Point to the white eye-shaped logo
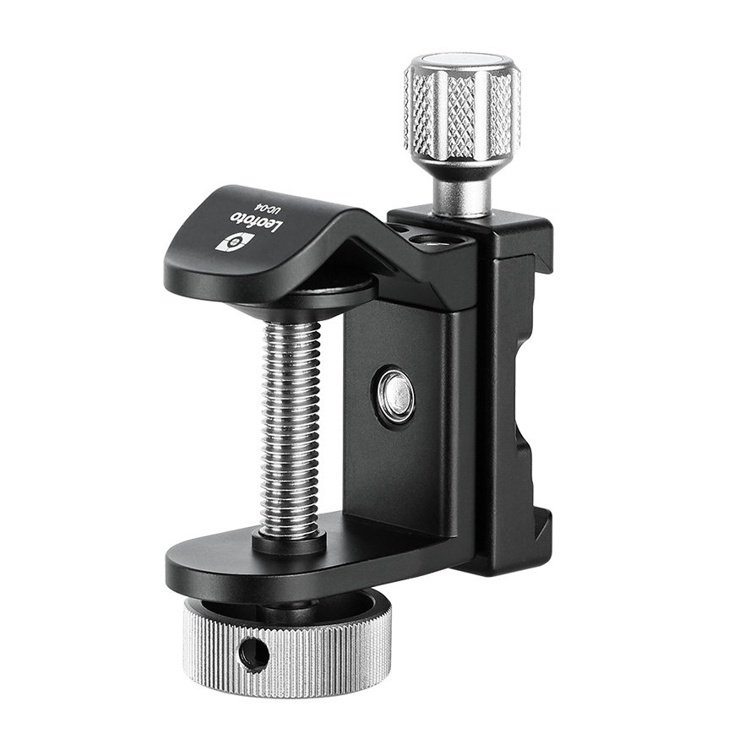coord(234,242)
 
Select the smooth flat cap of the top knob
coord(462,63)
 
